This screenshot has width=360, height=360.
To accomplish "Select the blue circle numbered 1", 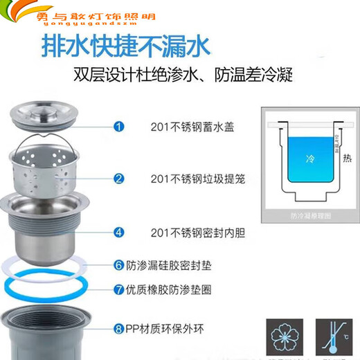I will pos(119,126).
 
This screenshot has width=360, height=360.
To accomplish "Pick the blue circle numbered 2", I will pos(119,179).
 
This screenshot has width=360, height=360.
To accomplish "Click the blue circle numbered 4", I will pos(119,233).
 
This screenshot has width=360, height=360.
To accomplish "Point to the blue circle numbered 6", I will pos(119,264).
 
